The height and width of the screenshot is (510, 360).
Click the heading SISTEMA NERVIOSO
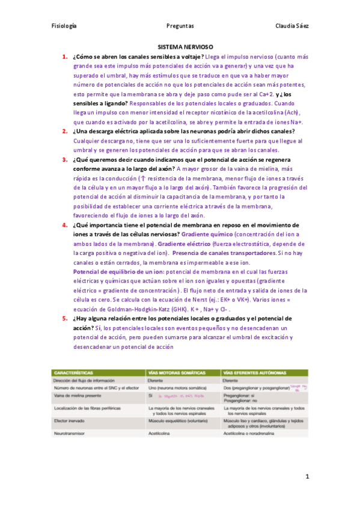tap(185, 46)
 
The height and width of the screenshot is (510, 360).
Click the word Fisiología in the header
tap(64, 26)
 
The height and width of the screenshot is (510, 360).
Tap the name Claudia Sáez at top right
tap(291, 26)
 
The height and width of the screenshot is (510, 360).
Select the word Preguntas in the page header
tap(180, 26)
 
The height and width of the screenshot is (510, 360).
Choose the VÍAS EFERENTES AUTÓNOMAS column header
tap(255, 372)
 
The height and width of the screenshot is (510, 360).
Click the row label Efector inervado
tap(70, 422)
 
